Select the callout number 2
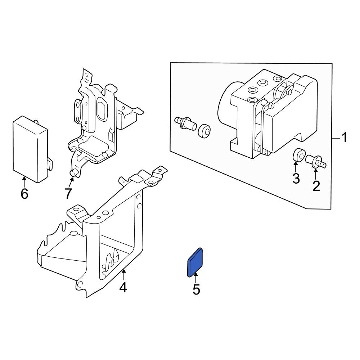316,186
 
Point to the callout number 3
296,179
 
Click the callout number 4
123,287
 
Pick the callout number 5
196,289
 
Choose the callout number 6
24,194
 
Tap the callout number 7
68,194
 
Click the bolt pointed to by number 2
316,161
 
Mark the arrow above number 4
123,275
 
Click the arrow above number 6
24,181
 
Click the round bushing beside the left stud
203,131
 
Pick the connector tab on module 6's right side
50,164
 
